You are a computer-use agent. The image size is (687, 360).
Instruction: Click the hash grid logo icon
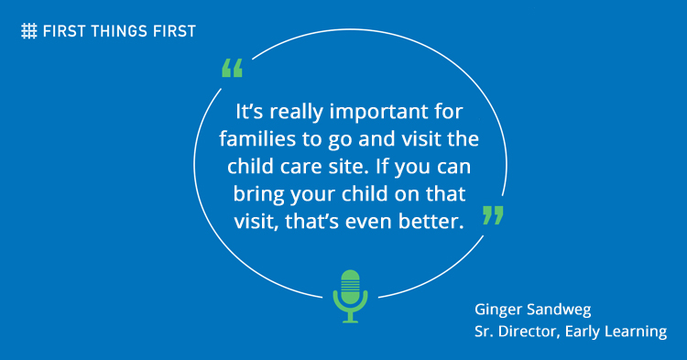tap(29, 30)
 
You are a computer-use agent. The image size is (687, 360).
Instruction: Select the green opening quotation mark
tap(233, 69)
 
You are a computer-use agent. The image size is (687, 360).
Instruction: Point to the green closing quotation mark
tap(493, 215)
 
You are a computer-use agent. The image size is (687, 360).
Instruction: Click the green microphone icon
tap(349, 295)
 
